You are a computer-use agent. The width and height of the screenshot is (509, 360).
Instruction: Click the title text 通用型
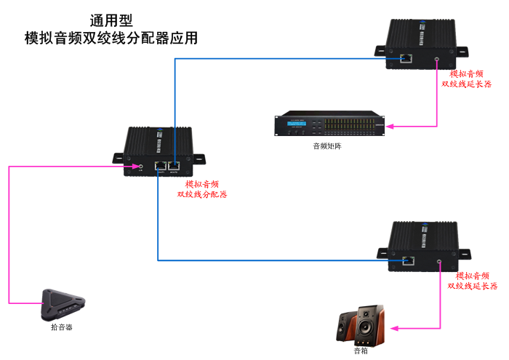tap(111, 20)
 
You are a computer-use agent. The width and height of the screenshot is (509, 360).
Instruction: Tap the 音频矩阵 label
tap(326, 146)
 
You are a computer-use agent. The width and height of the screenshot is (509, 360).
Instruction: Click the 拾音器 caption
tap(61, 328)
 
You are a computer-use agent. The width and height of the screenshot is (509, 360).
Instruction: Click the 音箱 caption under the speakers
tap(361, 351)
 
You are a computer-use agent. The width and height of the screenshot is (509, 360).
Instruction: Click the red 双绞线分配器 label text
tap(202, 195)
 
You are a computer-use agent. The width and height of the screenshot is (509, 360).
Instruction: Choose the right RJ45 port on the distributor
tap(175, 167)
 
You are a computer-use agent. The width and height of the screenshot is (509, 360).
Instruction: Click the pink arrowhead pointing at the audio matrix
tap(390, 127)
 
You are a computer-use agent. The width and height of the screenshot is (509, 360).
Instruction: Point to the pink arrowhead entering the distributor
tap(130, 167)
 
